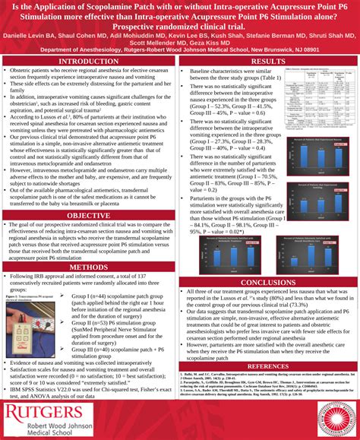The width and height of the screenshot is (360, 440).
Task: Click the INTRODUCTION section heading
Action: click(89, 60)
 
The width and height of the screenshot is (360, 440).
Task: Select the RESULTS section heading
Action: click(268, 60)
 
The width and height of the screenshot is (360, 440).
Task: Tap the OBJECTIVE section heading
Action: click(89, 216)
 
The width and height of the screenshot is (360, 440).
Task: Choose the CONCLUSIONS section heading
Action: click(268, 282)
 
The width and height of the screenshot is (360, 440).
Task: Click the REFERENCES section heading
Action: click(268, 366)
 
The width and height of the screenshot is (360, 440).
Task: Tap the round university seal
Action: click(328, 410)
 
